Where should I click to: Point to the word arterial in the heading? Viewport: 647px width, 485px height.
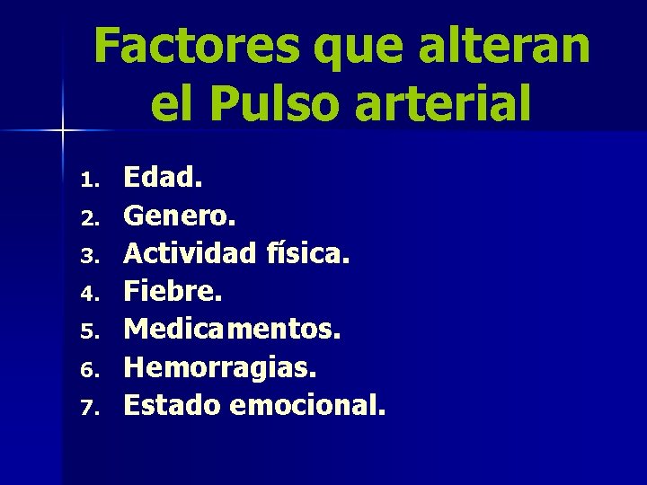tap(442, 103)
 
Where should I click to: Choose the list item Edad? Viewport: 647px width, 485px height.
tap(164, 178)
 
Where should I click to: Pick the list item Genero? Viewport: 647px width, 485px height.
tap(179, 216)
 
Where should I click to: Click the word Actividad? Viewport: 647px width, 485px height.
tap(189, 253)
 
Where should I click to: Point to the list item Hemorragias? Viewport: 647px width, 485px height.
tap(220, 367)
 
